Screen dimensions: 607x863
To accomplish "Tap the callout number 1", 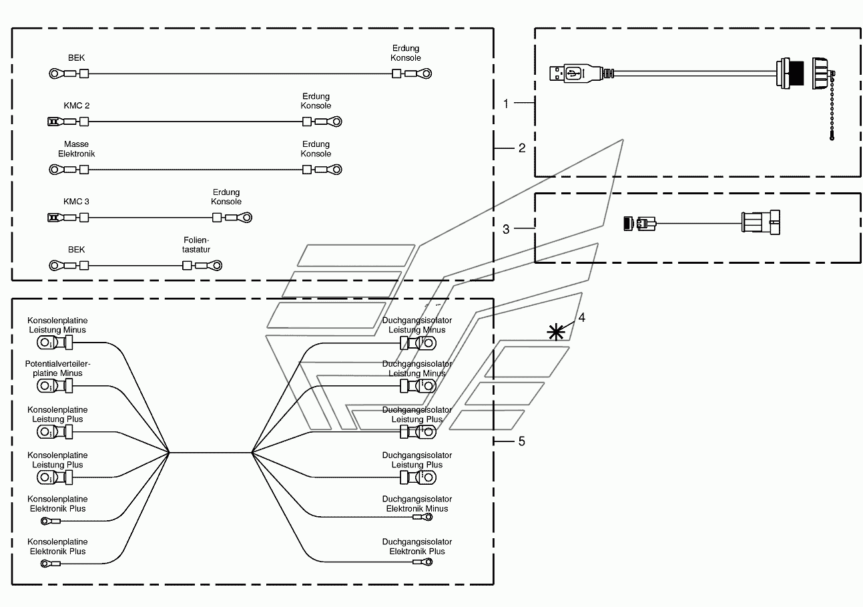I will pos(506,104).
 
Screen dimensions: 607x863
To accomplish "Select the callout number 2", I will pos(522,148).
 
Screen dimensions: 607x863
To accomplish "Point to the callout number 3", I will pos(506,229).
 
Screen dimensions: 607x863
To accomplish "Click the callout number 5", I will pos(522,441).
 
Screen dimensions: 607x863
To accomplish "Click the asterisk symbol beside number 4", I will pos(556,332).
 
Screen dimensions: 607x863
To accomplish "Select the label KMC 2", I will pos(76,106).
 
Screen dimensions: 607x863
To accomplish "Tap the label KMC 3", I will pos(76,202).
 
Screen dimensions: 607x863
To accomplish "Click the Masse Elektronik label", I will pos(76,149).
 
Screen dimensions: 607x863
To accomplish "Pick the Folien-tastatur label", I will pos(196,244).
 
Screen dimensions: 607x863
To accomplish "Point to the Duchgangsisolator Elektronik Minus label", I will pos(417,503).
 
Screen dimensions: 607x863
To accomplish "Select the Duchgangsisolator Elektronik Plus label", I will pos(417,546).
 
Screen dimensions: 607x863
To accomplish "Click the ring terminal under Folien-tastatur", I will pos(214,266).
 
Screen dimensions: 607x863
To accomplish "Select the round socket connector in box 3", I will pos(760,222).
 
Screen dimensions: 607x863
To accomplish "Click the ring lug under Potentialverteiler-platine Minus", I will pos(45,387).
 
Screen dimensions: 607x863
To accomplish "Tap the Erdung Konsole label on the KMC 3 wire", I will pos(226,197).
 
